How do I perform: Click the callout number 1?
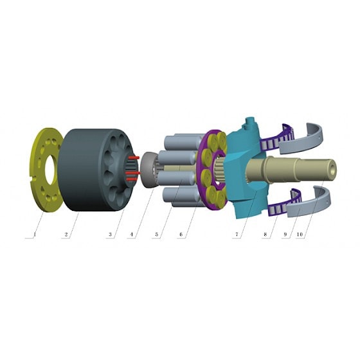35,235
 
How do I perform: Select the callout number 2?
66,235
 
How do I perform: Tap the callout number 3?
110,235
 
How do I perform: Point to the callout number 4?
131,235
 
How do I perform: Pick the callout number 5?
157,235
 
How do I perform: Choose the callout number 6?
181,235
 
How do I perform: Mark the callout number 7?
237,235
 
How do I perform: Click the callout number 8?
265,235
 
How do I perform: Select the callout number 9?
285,235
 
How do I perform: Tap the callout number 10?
300,235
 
